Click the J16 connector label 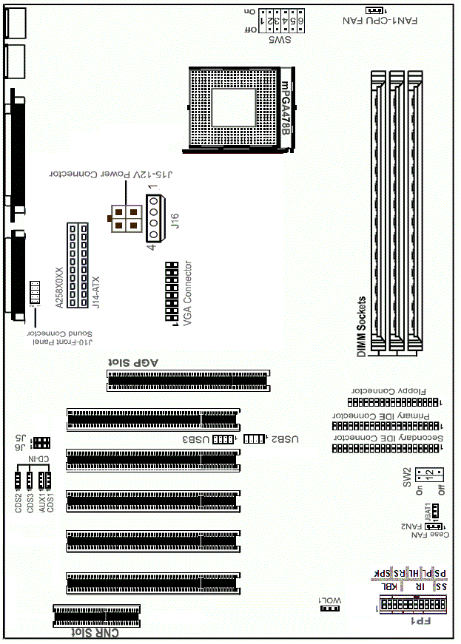(175, 221)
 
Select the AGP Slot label (135, 362)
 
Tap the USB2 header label (286, 439)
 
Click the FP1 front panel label (420, 622)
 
